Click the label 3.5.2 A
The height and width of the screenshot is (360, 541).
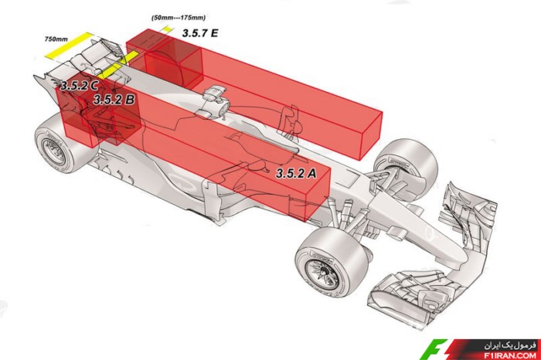tap(296, 173)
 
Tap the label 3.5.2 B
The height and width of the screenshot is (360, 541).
tap(114, 100)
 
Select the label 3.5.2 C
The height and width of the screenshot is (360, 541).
tap(79, 85)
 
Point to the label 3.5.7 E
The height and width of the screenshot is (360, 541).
tap(199, 32)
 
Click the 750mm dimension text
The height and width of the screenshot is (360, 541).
tap(56, 39)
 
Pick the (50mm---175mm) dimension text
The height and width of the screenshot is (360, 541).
tap(178, 17)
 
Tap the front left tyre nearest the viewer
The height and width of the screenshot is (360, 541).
tap(332, 263)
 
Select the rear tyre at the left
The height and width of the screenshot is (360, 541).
tap(59, 143)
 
